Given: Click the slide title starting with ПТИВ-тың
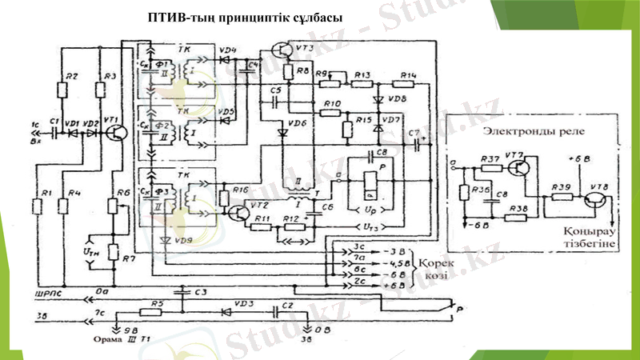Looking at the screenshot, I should click(x=246, y=18).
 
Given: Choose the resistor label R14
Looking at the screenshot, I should click(x=407, y=76).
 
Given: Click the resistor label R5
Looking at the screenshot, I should click(x=158, y=304).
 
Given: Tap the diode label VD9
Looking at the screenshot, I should click(x=183, y=239).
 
